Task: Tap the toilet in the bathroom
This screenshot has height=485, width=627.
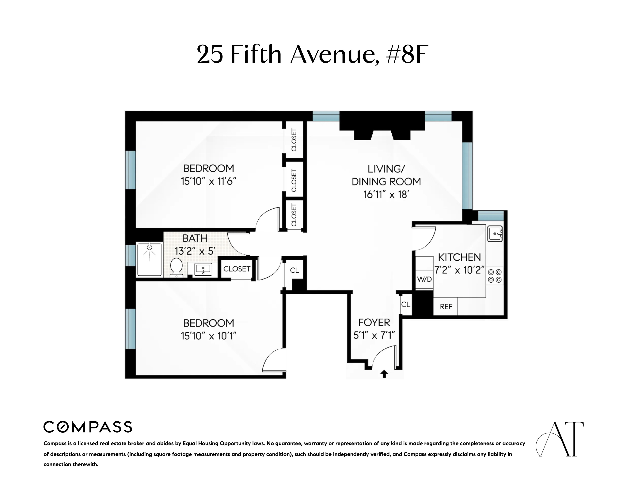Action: point(176,267)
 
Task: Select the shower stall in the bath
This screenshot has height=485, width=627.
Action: point(149,259)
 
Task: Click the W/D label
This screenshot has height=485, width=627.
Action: point(424,279)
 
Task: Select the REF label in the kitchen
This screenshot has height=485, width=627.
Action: point(446,307)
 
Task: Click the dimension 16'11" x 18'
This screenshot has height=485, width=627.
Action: point(386,195)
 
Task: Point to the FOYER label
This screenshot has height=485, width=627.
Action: point(374,322)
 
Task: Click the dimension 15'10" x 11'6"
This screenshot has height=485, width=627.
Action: point(208,181)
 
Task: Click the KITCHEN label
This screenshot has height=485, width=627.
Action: point(459,257)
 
